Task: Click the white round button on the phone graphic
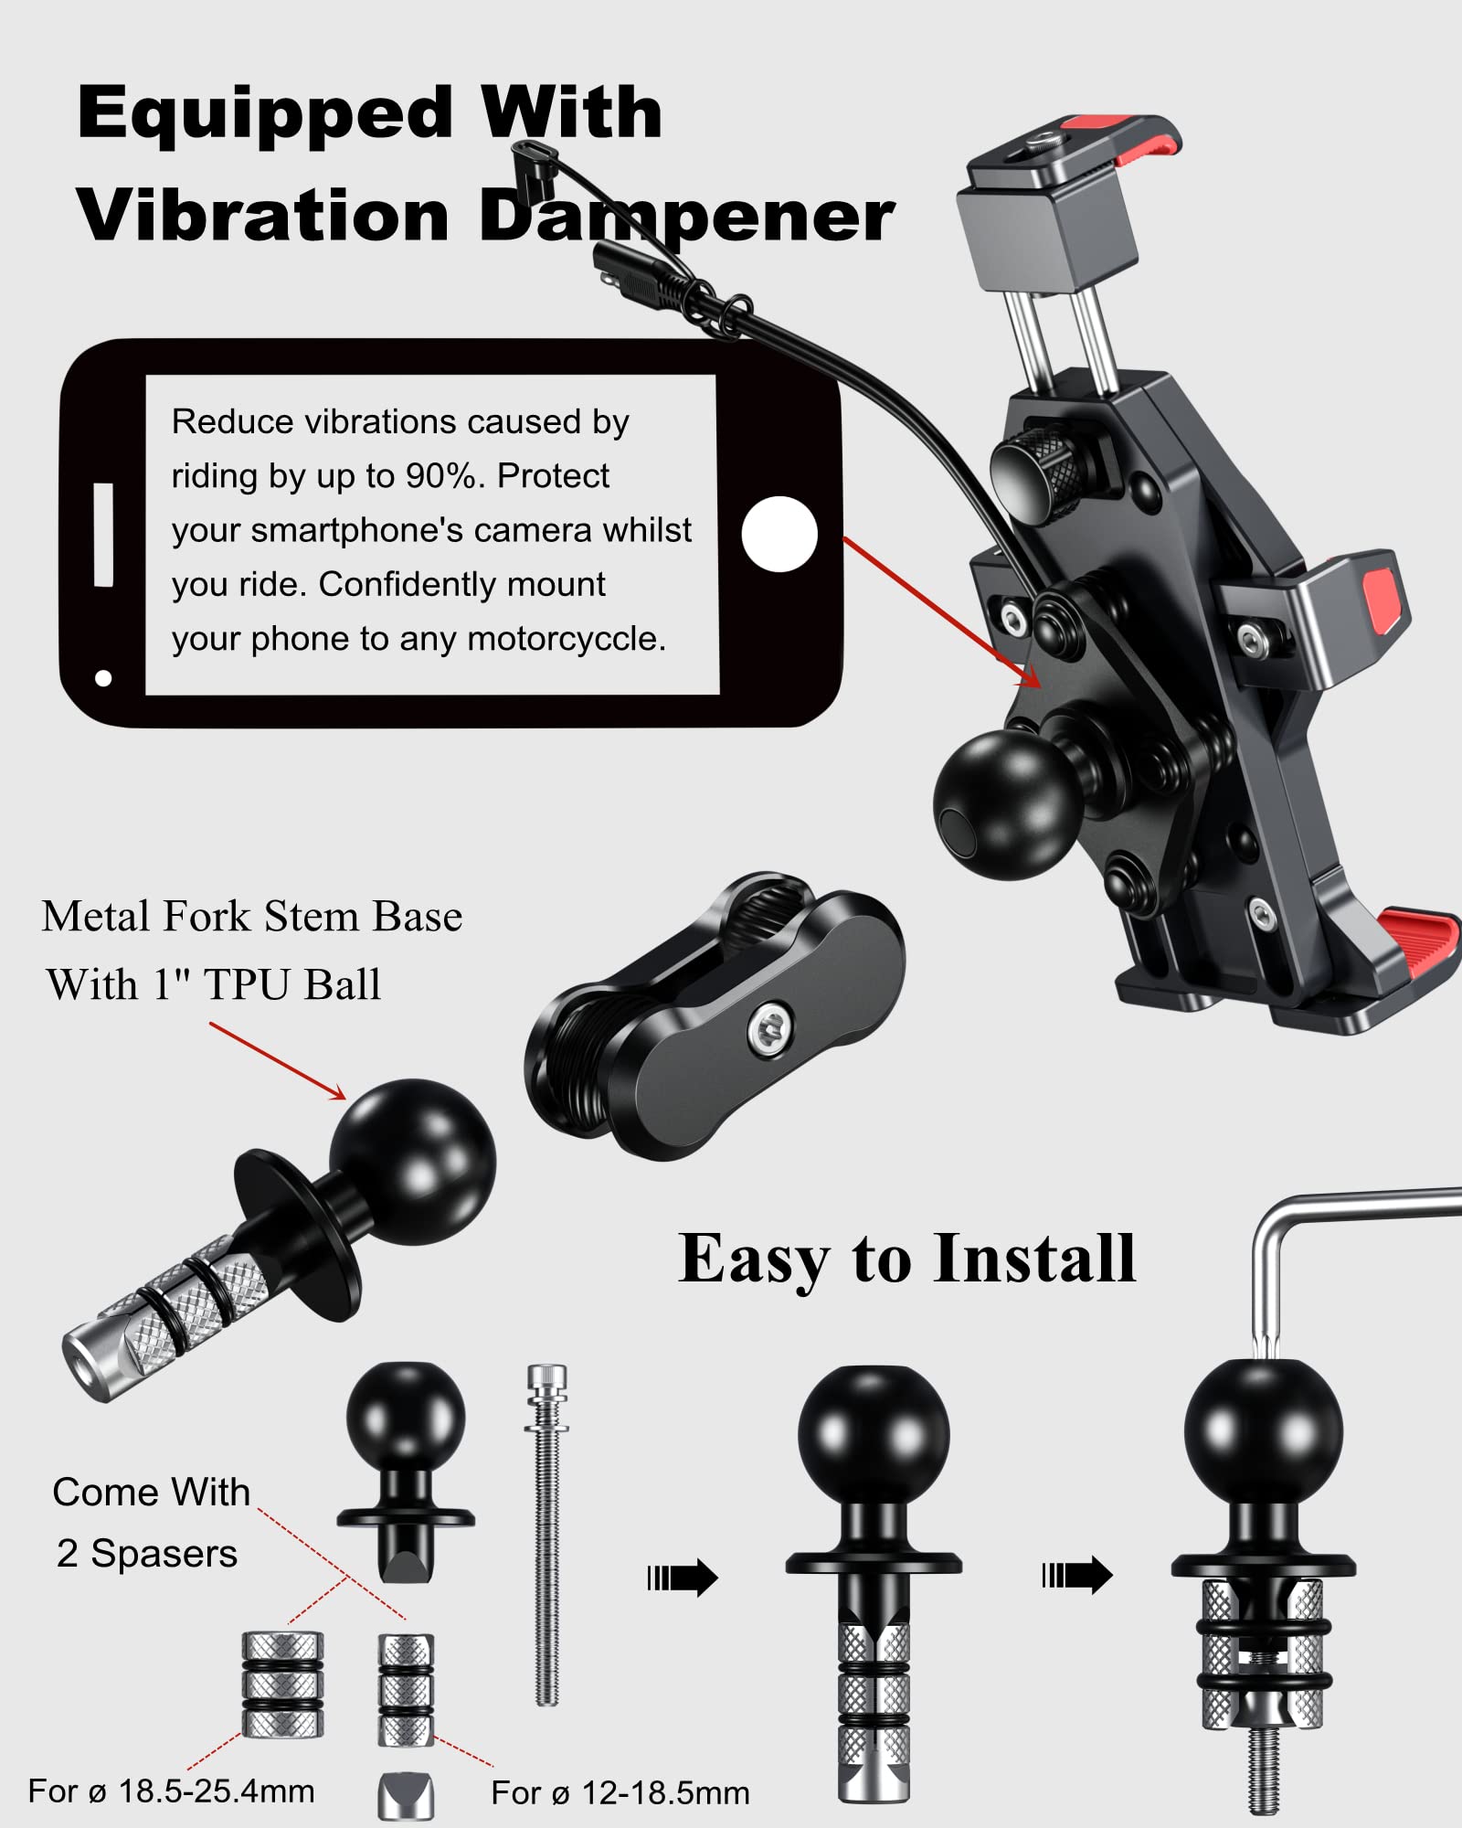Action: click(779, 535)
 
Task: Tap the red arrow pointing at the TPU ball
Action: click(279, 1060)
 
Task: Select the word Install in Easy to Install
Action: click(1033, 1259)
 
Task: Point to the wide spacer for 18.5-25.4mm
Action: click(282, 1684)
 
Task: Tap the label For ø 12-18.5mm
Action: click(620, 1793)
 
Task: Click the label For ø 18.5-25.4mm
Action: click(171, 1791)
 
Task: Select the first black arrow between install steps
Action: click(683, 1577)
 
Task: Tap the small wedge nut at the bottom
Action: click(406, 1796)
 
